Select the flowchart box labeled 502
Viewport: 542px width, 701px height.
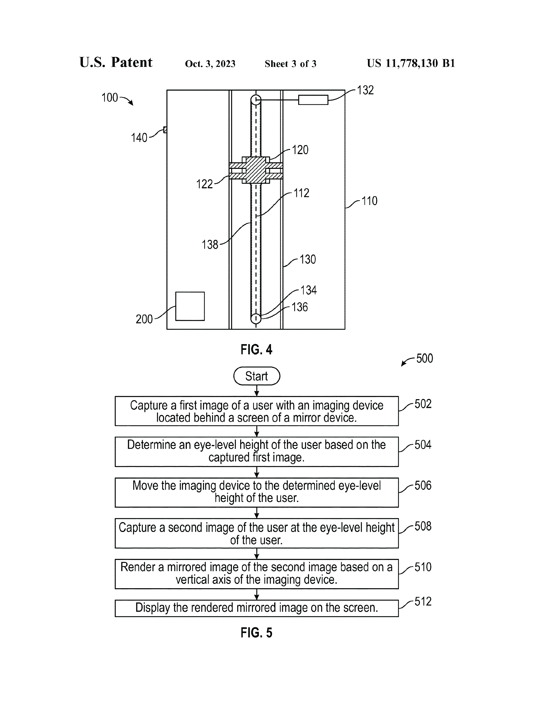(x=257, y=411)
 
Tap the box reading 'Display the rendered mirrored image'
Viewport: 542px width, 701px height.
(x=257, y=608)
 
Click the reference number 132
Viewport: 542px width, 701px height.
(x=365, y=90)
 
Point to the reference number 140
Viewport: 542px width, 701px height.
(x=139, y=138)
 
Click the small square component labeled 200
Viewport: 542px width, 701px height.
(x=190, y=306)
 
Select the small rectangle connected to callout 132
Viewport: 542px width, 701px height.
(x=313, y=100)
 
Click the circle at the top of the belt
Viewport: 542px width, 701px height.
(x=256, y=100)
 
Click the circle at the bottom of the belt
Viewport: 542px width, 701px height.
(x=256, y=318)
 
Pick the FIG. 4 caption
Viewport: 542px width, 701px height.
(x=256, y=349)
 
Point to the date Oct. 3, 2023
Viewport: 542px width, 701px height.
(x=210, y=64)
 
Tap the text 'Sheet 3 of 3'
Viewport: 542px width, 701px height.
(x=290, y=64)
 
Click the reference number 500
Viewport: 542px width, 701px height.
(x=424, y=358)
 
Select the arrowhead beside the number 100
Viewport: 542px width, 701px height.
(x=130, y=103)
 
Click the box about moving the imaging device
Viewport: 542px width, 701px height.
(x=257, y=492)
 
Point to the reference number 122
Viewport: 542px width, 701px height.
(x=204, y=184)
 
